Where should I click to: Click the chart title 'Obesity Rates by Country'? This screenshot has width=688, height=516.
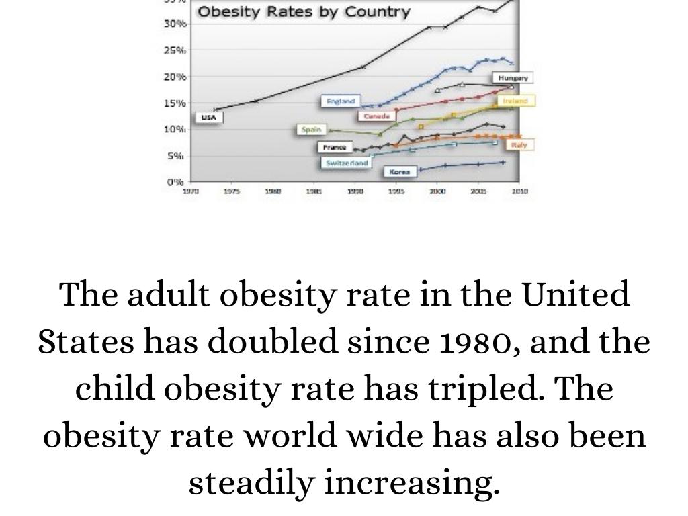pos(303,13)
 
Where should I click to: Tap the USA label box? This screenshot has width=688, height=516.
pos(209,118)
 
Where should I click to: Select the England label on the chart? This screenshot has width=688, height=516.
pos(340,101)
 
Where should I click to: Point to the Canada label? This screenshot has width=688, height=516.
pos(376,116)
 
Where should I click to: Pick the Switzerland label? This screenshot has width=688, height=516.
pos(347,163)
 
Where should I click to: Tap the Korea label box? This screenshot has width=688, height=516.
pos(399,172)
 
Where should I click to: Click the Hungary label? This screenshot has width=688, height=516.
pos(513,78)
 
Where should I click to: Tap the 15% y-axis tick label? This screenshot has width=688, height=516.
pos(175,103)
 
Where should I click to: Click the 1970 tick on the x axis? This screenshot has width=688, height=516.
pos(191,191)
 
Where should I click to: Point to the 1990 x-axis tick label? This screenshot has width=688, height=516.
pos(355,191)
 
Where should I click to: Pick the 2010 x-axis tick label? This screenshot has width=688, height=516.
pos(519,191)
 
